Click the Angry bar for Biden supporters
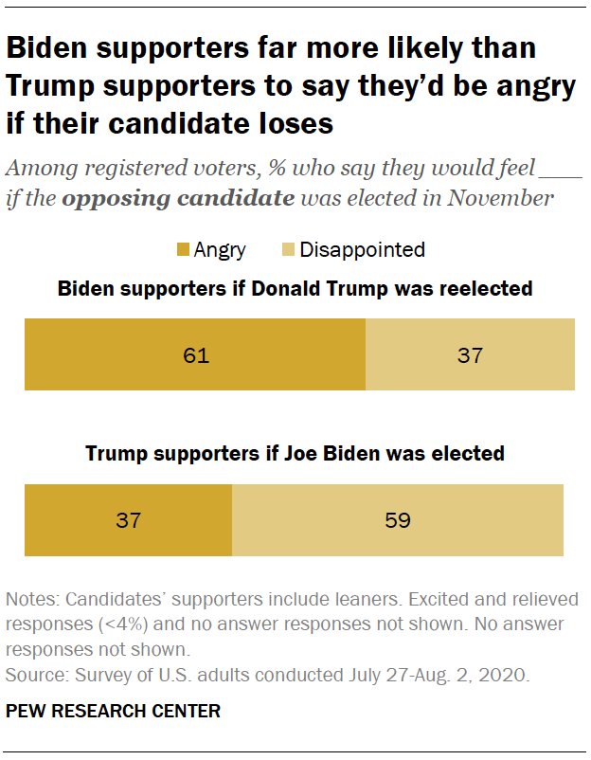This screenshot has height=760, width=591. [194, 355]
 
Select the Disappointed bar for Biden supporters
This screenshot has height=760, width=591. [470, 355]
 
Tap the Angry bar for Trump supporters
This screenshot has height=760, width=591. [128, 520]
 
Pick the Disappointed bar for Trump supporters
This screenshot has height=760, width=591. [398, 520]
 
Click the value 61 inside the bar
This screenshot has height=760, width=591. [195, 356]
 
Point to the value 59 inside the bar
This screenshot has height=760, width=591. [398, 520]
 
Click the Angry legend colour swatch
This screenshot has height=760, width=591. [182, 250]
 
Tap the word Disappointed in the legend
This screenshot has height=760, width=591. [362, 250]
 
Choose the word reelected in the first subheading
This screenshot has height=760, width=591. [487, 288]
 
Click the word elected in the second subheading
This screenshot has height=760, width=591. [471, 453]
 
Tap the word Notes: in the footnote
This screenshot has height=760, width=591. [31, 600]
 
